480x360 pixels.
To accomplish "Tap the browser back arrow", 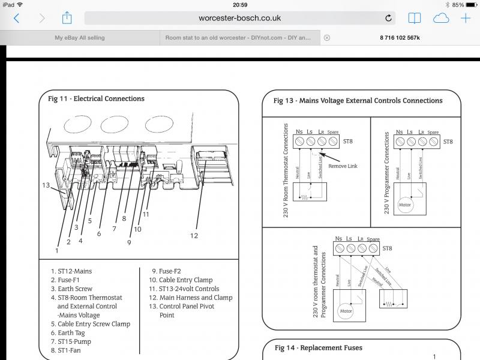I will pyautogui.click(x=16, y=18).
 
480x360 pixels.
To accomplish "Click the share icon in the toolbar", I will pyautogui.click(x=67, y=17).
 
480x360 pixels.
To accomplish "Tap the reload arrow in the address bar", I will pyautogui.click(x=388, y=18).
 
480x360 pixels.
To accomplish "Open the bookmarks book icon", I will pyautogui.click(x=413, y=18).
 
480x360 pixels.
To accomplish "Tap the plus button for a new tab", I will pyautogui.click(x=465, y=18).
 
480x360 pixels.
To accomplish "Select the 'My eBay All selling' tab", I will pyautogui.click(x=79, y=37).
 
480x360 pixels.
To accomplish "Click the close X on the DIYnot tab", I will pyautogui.click(x=326, y=37).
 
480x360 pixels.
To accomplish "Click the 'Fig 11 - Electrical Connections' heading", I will pyautogui.click(x=96, y=98).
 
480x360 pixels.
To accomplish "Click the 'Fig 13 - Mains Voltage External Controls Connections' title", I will pyautogui.click(x=358, y=101).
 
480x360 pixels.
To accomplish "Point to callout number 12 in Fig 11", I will pyautogui.click(x=194, y=236).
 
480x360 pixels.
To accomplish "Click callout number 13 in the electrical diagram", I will pyautogui.click(x=46, y=185).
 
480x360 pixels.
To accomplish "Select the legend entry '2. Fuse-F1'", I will pyautogui.click(x=65, y=280).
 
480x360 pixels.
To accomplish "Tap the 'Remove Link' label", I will pyautogui.click(x=343, y=166).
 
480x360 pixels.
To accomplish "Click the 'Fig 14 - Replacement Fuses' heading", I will pyautogui.click(x=318, y=347).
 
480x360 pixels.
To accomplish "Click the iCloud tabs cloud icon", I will pyautogui.click(x=440, y=18).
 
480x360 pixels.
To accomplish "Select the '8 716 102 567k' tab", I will pyautogui.click(x=400, y=37).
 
